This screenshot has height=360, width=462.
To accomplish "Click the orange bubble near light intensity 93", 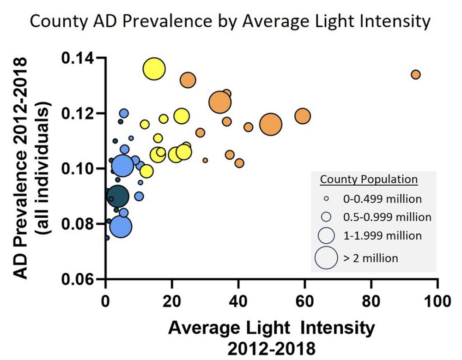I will coord(415,74).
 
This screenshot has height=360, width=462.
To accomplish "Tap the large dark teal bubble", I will coord(118,196).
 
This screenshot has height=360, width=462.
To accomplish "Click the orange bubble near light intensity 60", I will coord(303,116).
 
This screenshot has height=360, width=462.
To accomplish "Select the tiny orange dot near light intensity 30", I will coord(205,160).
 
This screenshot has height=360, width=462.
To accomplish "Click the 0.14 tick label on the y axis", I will coord(78,58).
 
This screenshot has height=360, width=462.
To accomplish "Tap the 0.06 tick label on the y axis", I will coord(78,279).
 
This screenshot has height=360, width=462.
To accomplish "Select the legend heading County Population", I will coord(369,179).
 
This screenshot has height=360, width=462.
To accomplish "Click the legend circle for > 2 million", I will coord(327,258).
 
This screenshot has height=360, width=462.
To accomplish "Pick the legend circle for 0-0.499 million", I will coord(327,198).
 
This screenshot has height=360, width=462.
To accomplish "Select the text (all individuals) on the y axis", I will coord(45,169).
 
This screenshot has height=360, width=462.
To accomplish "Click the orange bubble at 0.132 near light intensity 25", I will coord(188,80).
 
